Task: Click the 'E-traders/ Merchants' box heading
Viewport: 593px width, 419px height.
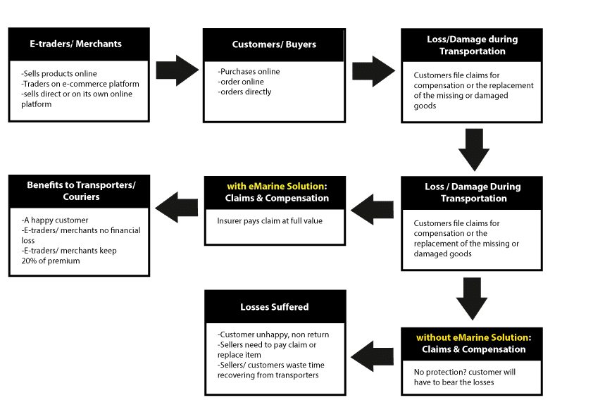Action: [75, 44]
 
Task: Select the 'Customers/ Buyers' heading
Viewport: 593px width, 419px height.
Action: [274, 44]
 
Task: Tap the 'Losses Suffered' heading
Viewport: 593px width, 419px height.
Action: [275, 307]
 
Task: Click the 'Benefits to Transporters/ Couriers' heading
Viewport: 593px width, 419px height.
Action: [81, 191]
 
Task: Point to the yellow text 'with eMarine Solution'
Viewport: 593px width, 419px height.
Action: [275, 186]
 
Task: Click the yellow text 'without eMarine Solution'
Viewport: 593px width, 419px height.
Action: [473, 337]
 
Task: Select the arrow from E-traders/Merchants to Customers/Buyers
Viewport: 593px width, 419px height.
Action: [177, 70]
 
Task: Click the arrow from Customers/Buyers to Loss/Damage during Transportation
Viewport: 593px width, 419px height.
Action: [374, 71]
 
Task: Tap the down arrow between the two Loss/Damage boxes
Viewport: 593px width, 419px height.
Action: [474, 150]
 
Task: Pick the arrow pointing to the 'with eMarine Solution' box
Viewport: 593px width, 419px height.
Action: [372, 210]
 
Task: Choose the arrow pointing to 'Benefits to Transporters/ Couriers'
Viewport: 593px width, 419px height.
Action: [176, 207]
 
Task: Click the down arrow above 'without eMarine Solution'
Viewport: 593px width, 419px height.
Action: [472, 299]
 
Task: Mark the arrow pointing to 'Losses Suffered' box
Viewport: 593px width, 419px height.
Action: [372, 356]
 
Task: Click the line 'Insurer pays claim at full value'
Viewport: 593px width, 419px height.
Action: [270, 221]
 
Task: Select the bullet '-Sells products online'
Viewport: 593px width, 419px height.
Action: [59, 73]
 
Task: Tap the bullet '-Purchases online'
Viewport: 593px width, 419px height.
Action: [249, 71]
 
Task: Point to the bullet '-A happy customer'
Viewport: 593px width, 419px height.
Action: [55, 220]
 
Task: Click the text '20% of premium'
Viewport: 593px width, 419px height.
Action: [51, 261]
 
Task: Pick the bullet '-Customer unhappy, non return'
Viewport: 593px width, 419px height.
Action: [273, 334]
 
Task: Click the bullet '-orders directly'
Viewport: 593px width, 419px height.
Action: [244, 92]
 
